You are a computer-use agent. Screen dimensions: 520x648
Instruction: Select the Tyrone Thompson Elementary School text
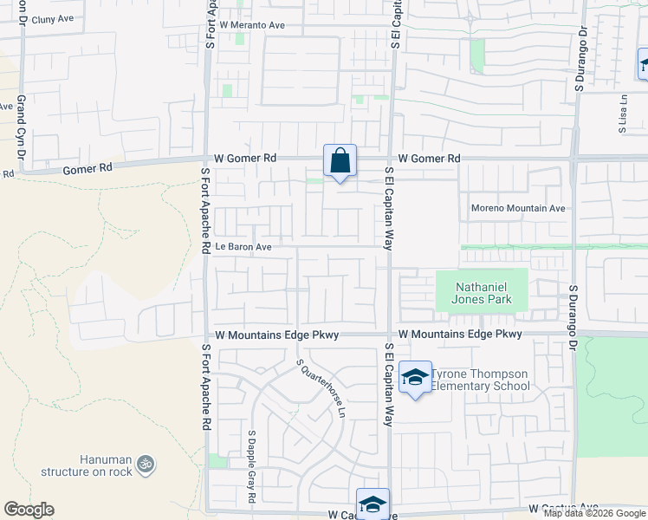pos(480,380)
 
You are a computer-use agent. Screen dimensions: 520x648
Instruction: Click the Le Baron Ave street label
pos(244,247)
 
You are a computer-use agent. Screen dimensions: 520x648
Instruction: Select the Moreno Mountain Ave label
pos(518,208)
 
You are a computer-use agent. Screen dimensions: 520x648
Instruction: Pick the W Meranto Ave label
pos(252,26)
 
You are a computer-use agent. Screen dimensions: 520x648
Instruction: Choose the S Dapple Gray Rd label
pos(251,466)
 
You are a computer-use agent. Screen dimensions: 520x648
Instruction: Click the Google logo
pos(29,510)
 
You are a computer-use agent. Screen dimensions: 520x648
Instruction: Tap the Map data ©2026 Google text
pos(594,513)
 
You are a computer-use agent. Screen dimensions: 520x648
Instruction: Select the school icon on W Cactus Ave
pos(373,504)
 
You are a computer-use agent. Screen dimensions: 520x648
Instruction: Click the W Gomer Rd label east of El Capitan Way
pos(429,159)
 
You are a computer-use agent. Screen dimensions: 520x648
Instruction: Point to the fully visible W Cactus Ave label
pos(564,507)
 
